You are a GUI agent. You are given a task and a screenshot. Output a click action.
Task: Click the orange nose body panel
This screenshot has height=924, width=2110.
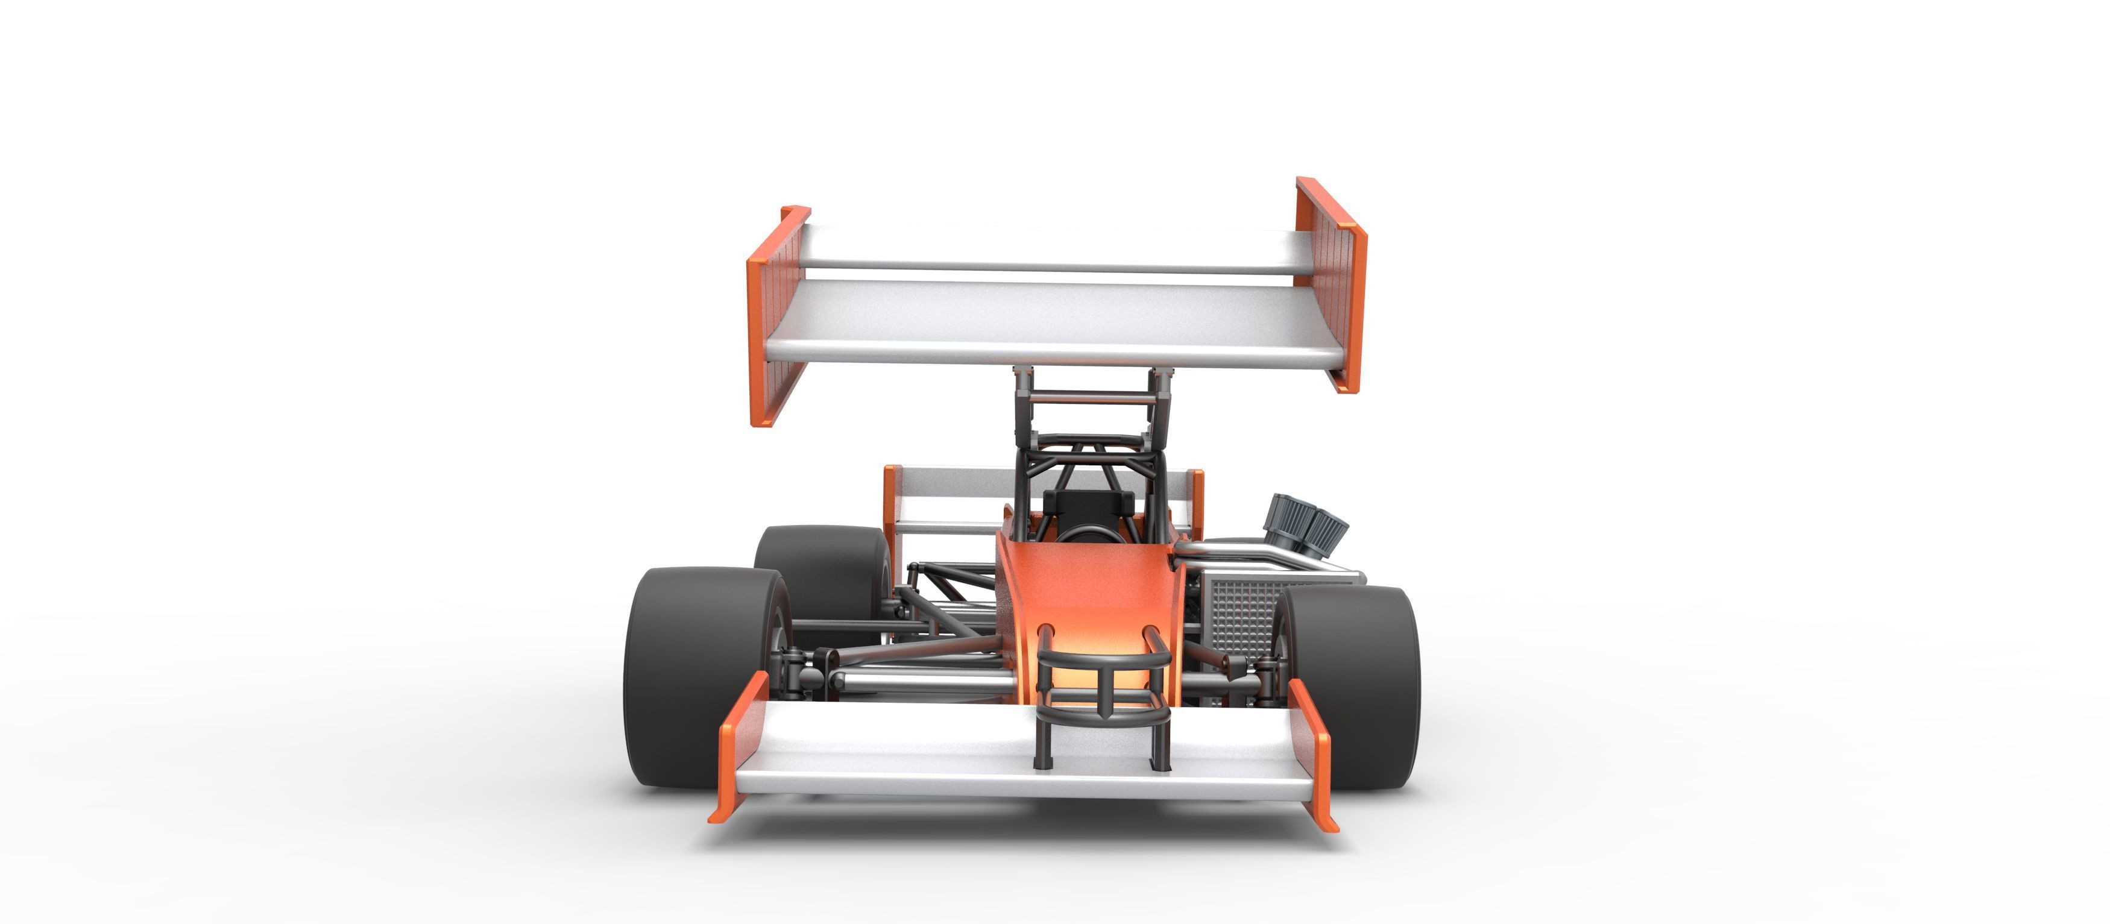tap(1089, 590)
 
